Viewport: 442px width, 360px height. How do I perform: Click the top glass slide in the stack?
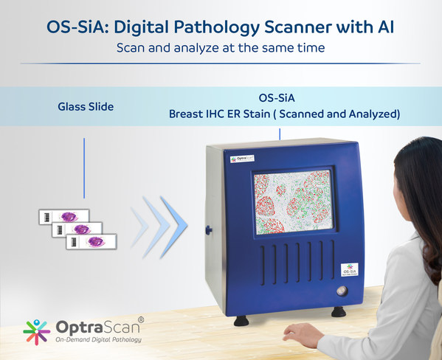coord(63,217)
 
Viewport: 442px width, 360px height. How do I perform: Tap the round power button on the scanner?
coord(340,291)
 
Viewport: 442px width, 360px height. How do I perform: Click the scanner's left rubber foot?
coord(240,320)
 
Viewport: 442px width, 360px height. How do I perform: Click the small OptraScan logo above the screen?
coord(242,158)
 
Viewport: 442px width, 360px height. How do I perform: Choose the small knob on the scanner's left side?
coord(209,230)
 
